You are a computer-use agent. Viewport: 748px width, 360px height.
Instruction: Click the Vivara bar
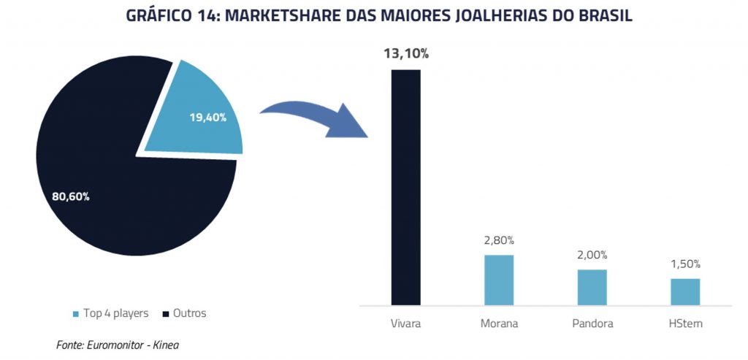(406, 188)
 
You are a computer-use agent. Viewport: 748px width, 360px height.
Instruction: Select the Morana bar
(499, 280)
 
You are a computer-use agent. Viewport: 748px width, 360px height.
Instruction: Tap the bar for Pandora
(592, 287)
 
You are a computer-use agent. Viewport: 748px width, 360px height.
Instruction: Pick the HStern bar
(685, 292)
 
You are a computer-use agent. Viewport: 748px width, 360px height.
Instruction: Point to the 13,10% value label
(406, 54)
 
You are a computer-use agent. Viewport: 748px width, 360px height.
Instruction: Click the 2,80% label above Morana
(499, 240)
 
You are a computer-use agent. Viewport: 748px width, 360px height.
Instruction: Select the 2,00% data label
(592, 255)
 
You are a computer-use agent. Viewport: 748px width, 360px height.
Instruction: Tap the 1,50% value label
(685, 264)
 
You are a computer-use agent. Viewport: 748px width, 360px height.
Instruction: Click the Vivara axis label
(406, 323)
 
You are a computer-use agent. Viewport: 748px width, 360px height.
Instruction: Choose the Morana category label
(499, 323)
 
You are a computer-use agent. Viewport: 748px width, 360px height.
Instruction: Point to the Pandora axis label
(592, 323)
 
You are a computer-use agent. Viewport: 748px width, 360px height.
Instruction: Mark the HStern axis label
(685, 323)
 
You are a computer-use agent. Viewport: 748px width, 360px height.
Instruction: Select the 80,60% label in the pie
(70, 196)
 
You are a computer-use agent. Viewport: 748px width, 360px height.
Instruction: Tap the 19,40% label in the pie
(207, 118)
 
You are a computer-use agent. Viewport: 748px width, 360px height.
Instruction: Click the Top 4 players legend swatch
(75, 314)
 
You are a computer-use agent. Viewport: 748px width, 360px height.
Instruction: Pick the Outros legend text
(190, 314)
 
